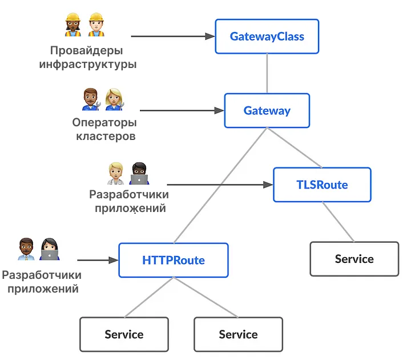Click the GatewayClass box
point(267,37)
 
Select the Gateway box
point(267,111)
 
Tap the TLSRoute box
point(322,185)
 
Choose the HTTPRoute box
point(173,261)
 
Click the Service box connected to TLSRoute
point(354,259)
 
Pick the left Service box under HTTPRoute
point(124,334)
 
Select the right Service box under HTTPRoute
point(238,334)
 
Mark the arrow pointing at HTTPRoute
point(96,261)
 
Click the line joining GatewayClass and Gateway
point(267,74)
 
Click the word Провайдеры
point(88,50)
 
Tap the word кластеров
point(104,137)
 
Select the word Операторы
point(104,123)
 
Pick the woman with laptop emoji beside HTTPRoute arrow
point(50,249)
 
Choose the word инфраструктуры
point(88,64)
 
